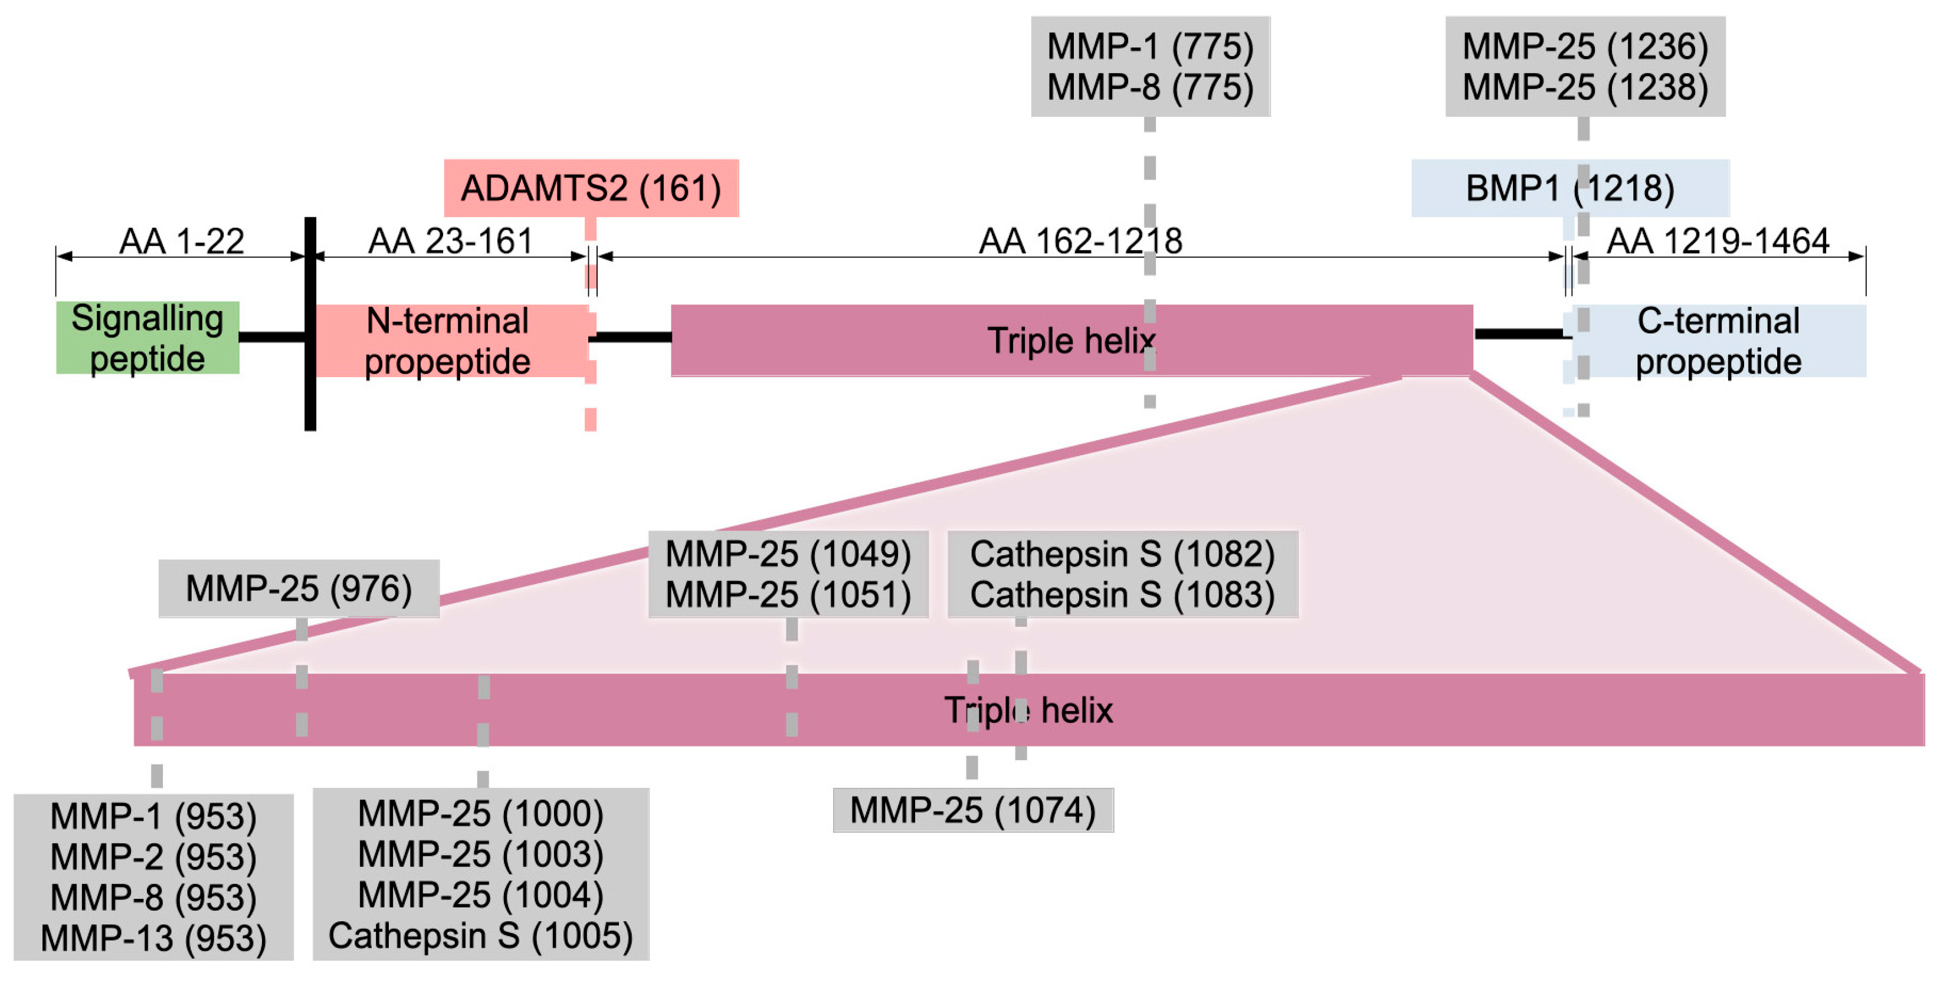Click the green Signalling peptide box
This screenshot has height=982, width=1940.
click(148, 338)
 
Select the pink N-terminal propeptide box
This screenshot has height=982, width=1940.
click(449, 341)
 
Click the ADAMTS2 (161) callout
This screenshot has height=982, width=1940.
click(591, 188)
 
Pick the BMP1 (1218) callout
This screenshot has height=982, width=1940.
click(1569, 188)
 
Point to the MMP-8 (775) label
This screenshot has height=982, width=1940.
click(1150, 87)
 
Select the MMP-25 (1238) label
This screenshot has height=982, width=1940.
click(1585, 87)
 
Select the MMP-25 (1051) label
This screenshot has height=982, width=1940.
click(788, 595)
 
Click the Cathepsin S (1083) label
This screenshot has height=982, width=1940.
click(1122, 595)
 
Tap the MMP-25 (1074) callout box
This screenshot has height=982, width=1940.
click(972, 810)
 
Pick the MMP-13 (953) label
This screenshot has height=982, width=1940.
click(153, 938)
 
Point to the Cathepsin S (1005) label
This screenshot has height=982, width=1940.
click(480, 935)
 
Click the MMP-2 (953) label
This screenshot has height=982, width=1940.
click(153, 857)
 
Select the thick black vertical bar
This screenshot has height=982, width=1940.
click(310, 324)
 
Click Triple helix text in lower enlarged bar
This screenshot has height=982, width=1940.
click(1029, 710)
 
